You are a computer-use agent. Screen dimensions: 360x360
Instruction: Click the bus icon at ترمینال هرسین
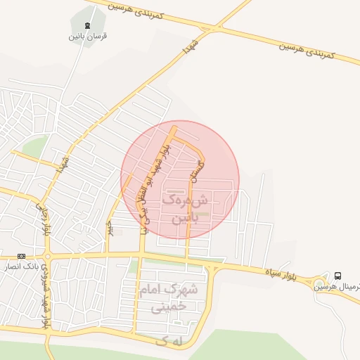click(339, 276)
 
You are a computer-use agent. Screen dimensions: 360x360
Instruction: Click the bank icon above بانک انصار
click(22, 256)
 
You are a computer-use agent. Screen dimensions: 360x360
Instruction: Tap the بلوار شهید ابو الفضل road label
click(155, 186)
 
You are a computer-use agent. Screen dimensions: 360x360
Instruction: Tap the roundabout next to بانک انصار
click(47, 256)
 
